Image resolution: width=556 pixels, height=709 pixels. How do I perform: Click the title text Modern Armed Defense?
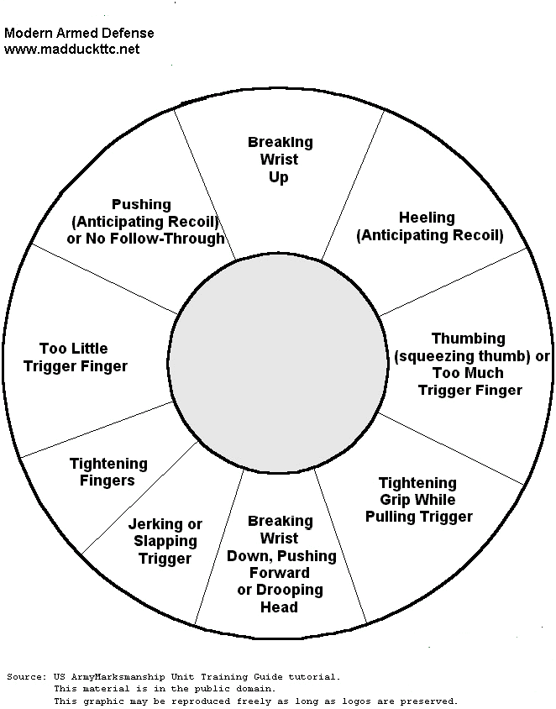point(79,34)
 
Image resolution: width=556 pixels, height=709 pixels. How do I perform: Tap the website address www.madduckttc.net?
point(71,50)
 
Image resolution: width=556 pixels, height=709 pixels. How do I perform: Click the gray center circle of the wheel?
point(274,363)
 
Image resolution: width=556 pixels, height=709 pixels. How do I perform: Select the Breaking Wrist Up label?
point(280,160)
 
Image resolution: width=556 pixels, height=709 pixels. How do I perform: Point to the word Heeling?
point(427,218)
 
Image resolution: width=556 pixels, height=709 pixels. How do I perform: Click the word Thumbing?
point(469,339)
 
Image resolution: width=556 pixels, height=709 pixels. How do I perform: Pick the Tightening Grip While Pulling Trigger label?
point(418,500)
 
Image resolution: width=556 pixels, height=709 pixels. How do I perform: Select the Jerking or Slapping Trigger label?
point(165,541)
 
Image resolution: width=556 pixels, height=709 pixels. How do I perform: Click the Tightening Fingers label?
point(108,472)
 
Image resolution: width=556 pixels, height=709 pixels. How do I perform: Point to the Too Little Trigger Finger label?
point(76,357)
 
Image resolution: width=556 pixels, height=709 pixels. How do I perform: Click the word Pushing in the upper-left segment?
point(141,204)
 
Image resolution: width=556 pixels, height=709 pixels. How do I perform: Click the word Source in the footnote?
point(24,676)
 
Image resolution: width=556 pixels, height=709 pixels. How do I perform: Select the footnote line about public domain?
point(164,689)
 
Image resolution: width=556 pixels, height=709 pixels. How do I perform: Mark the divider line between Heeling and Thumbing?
point(454,281)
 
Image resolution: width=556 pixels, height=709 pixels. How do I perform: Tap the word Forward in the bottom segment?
point(280,573)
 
